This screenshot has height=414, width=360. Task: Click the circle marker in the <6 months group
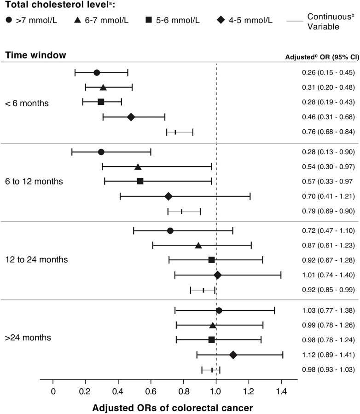click(x=97, y=73)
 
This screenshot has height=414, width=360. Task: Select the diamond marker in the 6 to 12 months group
click(x=168, y=196)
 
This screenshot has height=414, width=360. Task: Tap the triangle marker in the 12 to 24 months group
click(x=198, y=246)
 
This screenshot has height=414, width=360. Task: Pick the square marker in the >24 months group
click(x=211, y=339)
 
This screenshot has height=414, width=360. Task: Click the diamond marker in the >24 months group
click(x=233, y=355)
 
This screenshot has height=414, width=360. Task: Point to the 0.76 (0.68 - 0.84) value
click(x=328, y=132)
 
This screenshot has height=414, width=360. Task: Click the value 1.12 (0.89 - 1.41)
click(x=328, y=355)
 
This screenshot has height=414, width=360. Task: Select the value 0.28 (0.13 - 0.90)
click(x=328, y=152)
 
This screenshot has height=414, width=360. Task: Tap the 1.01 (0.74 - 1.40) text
click(x=328, y=275)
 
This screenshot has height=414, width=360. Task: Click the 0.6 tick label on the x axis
click(x=151, y=391)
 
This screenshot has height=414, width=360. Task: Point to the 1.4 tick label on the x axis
click(x=281, y=391)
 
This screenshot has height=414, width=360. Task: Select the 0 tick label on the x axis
click(x=53, y=391)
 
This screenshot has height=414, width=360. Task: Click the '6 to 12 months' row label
click(x=34, y=181)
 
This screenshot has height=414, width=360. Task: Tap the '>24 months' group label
click(x=28, y=338)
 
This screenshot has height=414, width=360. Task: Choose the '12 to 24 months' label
click(x=36, y=259)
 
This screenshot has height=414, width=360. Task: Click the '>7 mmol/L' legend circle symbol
click(x=9, y=20)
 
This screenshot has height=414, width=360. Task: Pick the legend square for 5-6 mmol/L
click(x=149, y=19)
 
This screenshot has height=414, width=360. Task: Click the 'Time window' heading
click(x=36, y=55)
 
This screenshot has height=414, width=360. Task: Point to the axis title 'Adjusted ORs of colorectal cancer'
click(x=172, y=408)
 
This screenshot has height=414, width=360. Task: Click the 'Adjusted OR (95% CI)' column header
click(x=322, y=57)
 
